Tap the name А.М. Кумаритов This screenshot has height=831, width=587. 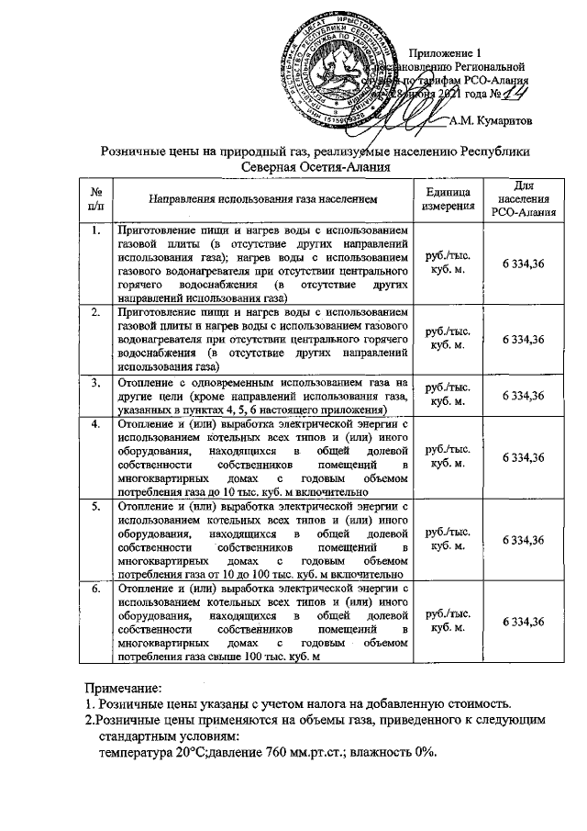[x=492, y=119]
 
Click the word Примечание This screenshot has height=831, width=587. [x=123, y=688]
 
